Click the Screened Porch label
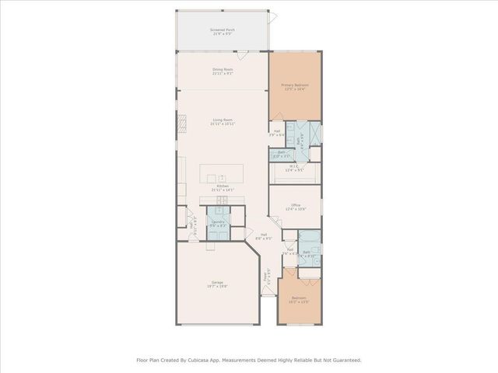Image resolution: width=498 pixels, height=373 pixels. [223, 31]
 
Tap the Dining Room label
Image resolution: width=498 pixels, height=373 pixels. [223, 71]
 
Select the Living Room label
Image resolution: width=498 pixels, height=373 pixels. [223, 121]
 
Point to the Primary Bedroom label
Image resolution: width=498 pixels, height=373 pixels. [295, 87]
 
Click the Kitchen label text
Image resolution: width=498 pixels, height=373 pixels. [223, 187]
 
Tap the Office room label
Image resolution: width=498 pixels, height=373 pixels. [295, 207]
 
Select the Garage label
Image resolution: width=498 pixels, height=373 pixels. [216, 284]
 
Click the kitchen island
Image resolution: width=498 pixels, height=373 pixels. [223, 173]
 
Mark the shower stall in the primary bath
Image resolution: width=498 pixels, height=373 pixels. [313, 131]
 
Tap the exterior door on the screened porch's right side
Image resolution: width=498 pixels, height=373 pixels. [274, 16]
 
